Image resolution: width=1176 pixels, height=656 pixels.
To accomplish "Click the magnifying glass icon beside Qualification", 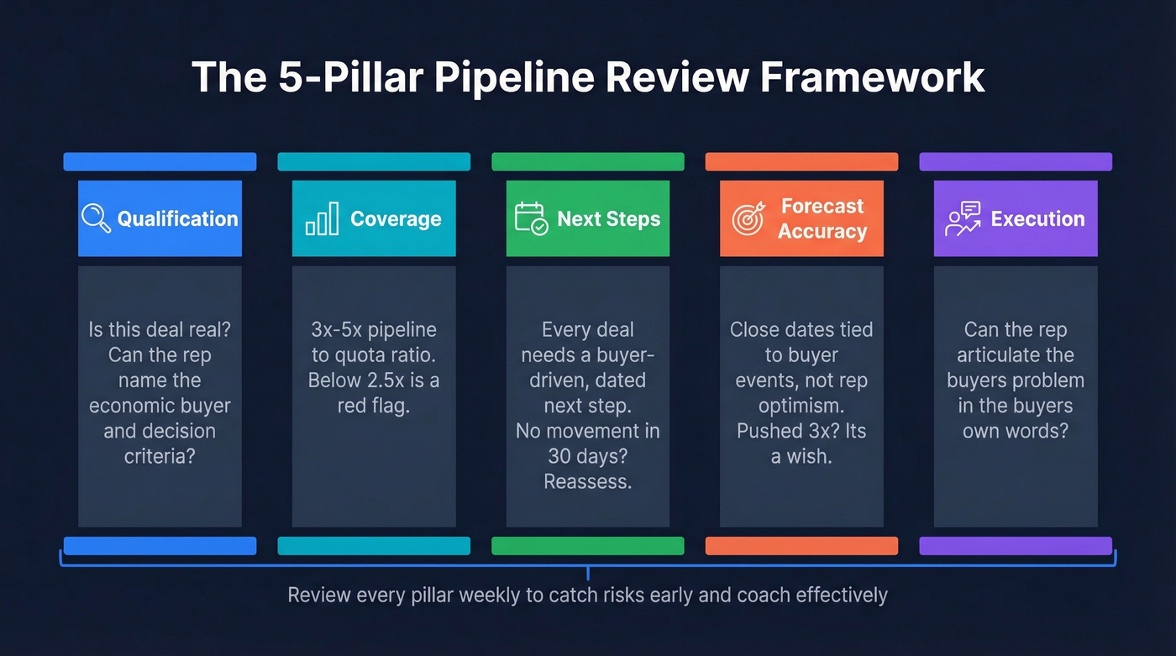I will point(96,218).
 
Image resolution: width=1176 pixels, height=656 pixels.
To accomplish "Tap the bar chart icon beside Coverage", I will point(322,218).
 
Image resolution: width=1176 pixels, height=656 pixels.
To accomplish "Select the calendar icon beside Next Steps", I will point(531,218).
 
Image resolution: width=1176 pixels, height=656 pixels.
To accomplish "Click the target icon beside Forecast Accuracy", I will point(748,218).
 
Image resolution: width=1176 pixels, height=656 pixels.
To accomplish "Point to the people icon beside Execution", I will point(963,218).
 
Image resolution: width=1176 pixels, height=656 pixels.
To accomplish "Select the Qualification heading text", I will point(177,219).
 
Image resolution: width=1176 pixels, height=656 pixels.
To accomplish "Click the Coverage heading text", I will point(396,219).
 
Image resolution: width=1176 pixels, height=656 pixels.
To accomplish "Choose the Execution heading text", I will point(1037,219).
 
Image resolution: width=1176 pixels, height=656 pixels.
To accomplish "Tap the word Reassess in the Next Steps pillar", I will point(587,482).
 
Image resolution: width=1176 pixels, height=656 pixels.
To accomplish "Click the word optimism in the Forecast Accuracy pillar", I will point(801,406).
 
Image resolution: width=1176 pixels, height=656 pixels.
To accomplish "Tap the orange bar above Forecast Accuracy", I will point(801,161).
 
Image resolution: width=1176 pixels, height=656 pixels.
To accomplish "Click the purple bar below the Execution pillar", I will point(1016,546).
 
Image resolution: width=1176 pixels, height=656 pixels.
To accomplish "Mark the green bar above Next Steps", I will point(587,161).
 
